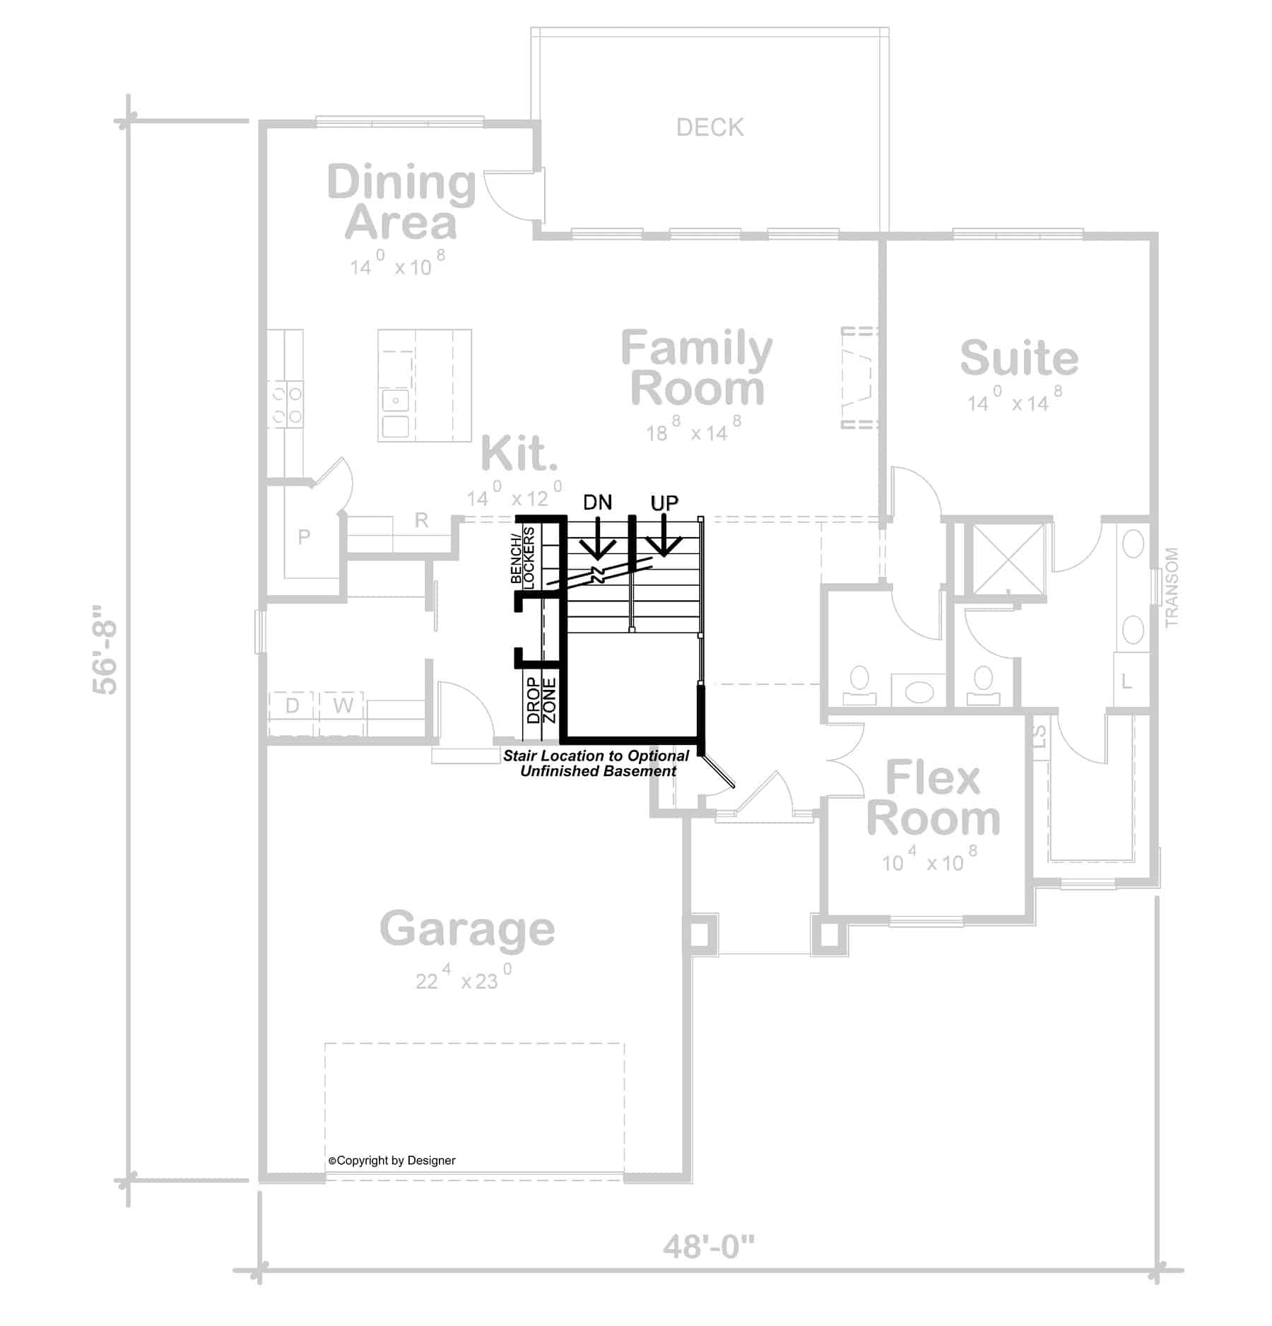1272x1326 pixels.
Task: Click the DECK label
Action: [x=709, y=127]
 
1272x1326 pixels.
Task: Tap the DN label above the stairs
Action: [x=597, y=503]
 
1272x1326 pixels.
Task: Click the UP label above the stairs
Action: [x=664, y=503]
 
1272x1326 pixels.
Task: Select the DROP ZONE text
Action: [x=542, y=700]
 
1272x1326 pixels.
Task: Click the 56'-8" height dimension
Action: [x=107, y=649]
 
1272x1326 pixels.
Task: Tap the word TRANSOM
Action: [x=1172, y=587]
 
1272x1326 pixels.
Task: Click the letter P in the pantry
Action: [x=304, y=536]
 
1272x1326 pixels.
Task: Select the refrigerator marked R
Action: [x=421, y=521]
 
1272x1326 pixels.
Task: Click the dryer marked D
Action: [x=292, y=705]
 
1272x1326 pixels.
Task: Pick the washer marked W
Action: [x=343, y=705]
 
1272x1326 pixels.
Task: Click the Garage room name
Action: [x=467, y=929]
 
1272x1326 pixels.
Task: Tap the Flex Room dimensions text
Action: [x=929, y=862]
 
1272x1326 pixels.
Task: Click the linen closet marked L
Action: [x=1126, y=682]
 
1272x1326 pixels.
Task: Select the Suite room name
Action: [x=1018, y=358]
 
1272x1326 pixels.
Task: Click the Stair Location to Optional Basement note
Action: [x=596, y=763]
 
